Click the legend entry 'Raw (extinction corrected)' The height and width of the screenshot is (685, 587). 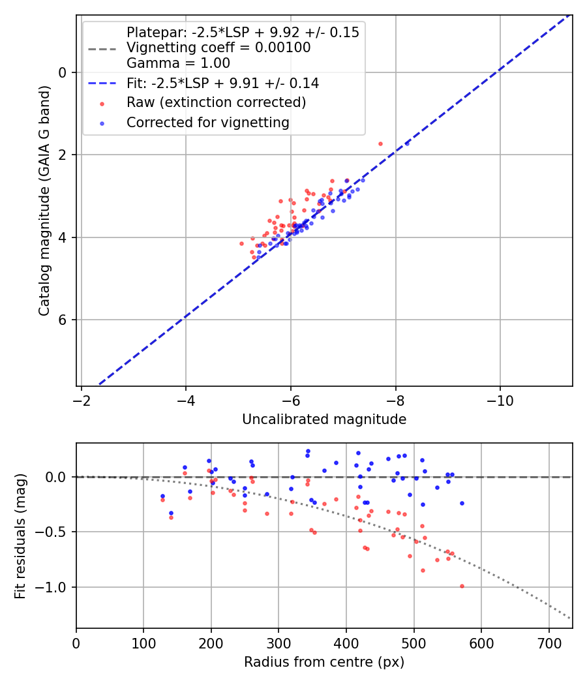coord(216,102)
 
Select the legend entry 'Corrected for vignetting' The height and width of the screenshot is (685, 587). coord(207,122)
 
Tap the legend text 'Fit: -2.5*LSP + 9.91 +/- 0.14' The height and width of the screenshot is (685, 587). coord(222,84)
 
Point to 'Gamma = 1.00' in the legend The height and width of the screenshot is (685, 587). coord(178,63)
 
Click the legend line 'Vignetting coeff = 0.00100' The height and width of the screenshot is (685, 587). coord(218,48)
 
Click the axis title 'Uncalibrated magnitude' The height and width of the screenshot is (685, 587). coord(324,419)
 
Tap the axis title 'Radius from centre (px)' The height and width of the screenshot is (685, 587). coord(324,662)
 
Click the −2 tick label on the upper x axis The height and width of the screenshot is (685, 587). coord(81,398)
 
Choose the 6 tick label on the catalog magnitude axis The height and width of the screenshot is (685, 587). coord(63,320)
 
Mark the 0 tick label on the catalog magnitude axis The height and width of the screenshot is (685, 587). coord(63,72)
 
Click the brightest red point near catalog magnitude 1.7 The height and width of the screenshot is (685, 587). coord(380,144)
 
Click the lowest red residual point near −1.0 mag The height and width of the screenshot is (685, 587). coord(462,586)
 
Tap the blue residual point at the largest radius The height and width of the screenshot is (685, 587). coord(462,503)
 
